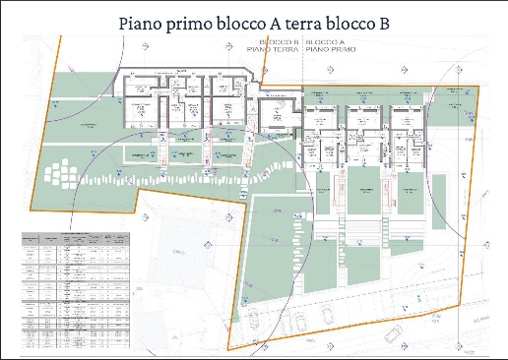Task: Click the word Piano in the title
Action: tap(145, 23)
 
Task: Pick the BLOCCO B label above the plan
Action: tap(279, 44)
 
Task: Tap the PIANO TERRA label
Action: tap(279, 50)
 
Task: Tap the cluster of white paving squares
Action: tap(61, 174)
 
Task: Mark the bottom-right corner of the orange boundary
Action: tap(460, 306)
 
